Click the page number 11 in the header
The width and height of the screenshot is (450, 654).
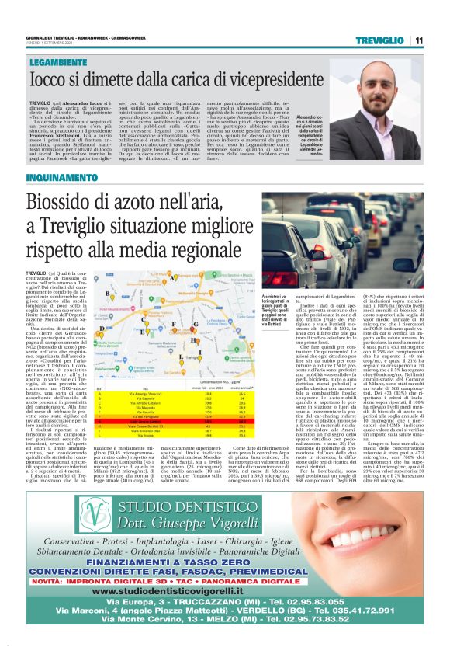[x=419, y=40]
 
